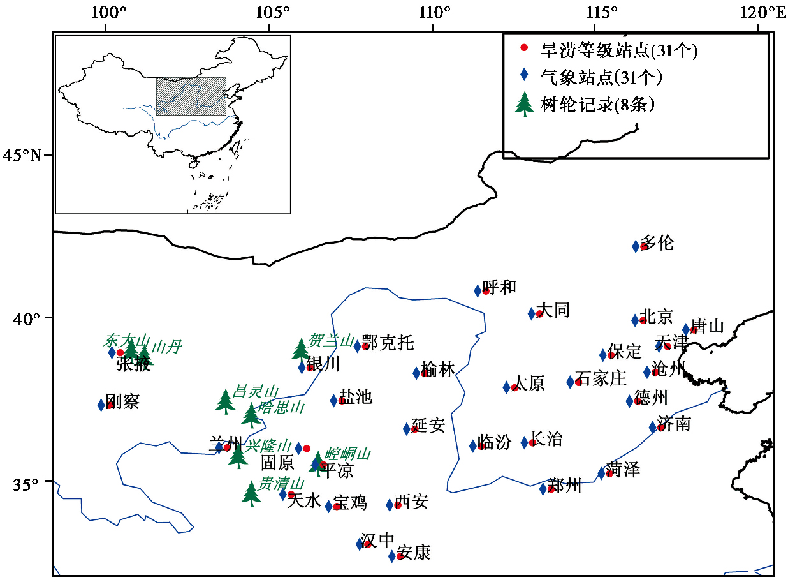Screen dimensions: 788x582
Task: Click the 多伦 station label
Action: click(x=659, y=243)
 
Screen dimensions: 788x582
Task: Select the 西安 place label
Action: click(x=411, y=502)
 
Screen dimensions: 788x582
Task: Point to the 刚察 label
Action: click(x=122, y=402)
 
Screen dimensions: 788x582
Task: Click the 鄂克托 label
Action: click(x=388, y=343)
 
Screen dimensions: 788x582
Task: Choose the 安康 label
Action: click(x=414, y=553)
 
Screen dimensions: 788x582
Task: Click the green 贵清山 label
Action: click(x=268, y=482)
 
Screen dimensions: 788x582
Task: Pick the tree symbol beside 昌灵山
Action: click(x=225, y=401)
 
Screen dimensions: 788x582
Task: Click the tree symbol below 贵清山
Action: click(x=251, y=493)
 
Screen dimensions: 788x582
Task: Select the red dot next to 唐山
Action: click(x=694, y=329)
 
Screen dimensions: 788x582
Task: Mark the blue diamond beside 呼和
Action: click(x=478, y=291)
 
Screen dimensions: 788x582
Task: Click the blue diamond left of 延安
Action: click(x=407, y=429)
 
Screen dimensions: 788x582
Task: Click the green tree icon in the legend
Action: click(x=524, y=104)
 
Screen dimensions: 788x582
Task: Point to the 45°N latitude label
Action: click(x=25, y=155)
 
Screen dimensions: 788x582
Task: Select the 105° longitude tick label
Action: click(x=269, y=11)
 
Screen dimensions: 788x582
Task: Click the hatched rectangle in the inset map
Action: click(x=191, y=96)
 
